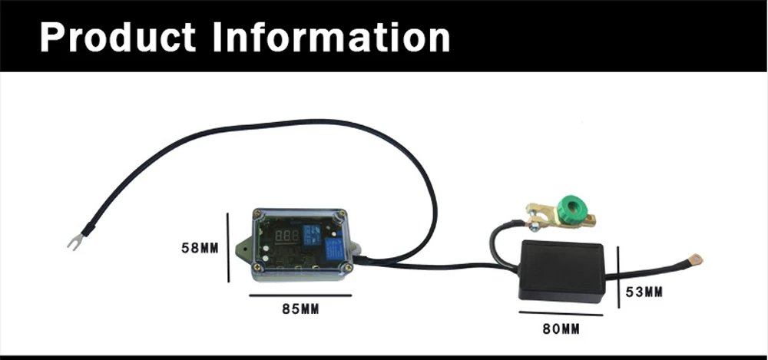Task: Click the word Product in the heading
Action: (118, 38)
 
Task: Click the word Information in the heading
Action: (331, 37)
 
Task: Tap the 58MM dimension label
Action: (200, 248)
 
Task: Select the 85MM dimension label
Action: (300, 309)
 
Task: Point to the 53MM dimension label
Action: (644, 292)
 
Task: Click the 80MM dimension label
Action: (561, 329)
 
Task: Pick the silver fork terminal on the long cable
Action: (75, 242)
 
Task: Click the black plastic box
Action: (562, 271)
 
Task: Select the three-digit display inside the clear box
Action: (287, 236)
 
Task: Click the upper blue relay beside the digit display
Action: (311, 233)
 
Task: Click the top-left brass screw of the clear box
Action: (257, 214)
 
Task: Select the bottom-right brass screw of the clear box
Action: (347, 267)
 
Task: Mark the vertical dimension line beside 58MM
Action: (228, 247)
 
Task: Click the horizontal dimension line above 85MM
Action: (300, 296)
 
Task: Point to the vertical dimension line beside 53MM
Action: (618, 277)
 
